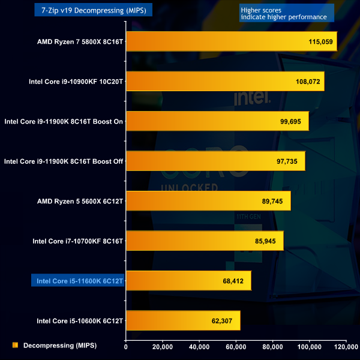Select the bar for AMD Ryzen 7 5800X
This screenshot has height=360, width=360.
click(x=231, y=41)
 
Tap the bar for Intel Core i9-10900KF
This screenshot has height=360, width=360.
click(x=225, y=81)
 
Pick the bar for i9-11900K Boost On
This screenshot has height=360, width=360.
click(x=217, y=121)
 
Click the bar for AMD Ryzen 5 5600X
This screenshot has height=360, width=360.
click(x=208, y=201)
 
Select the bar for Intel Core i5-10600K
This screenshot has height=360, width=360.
click(x=183, y=320)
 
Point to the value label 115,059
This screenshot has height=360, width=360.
click(x=320, y=42)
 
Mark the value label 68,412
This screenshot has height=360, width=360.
click(x=234, y=281)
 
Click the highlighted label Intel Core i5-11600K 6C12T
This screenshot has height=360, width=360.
click(x=77, y=281)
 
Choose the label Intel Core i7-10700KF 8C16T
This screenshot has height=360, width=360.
click(x=78, y=241)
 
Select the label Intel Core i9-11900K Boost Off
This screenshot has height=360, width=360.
click(x=64, y=161)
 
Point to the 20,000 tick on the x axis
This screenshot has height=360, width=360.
click(x=163, y=346)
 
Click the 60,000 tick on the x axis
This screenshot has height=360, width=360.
click(x=236, y=346)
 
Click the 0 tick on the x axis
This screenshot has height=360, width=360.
click(x=126, y=346)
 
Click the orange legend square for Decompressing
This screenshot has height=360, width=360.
click(x=14, y=346)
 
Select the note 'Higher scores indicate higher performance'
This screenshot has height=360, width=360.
click(x=283, y=13)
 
